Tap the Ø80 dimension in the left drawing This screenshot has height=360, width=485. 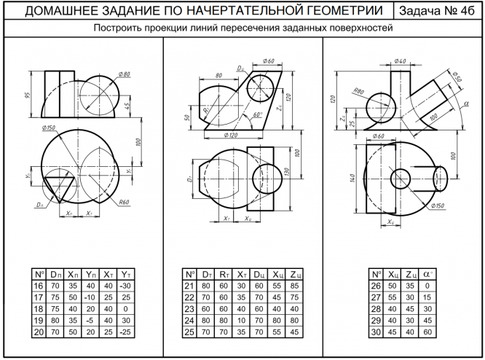122,75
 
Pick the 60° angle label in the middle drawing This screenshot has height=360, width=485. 256,115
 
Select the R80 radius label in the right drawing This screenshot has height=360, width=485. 358,90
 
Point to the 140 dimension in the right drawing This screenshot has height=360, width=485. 353,176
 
